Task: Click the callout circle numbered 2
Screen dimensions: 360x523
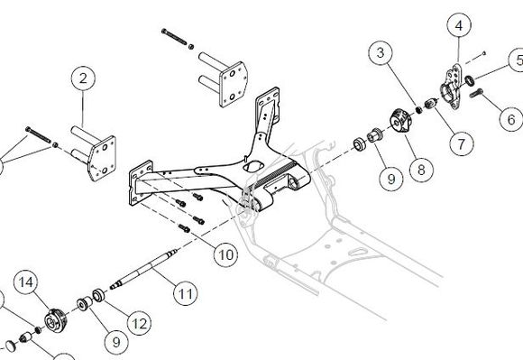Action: tap(83, 79)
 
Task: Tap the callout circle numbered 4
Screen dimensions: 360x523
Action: tap(458, 26)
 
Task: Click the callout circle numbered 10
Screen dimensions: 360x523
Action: tap(225, 255)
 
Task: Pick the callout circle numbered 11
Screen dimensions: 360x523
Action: tap(184, 293)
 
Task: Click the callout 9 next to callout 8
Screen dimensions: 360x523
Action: tap(390, 180)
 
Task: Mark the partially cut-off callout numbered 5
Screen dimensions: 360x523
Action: tap(516, 60)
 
